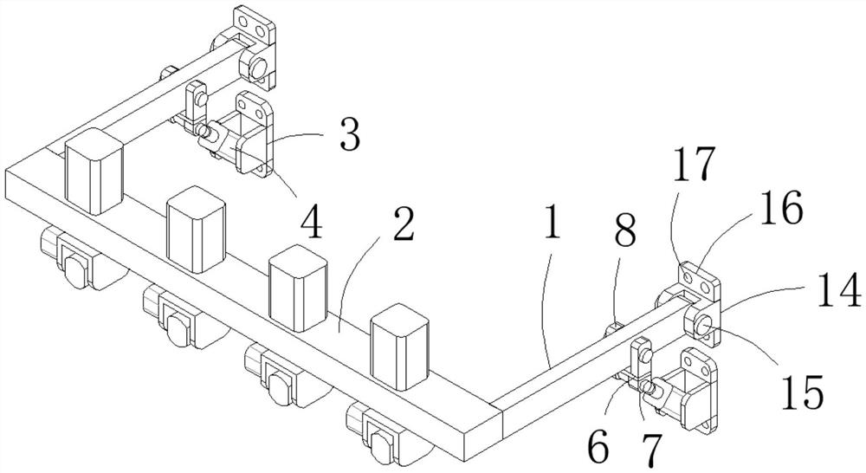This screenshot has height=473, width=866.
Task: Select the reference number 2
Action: [x=401, y=224]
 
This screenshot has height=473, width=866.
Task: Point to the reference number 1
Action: [x=552, y=224]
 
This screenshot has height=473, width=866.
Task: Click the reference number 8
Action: [x=625, y=231]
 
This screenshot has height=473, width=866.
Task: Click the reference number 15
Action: [x=801, y=392]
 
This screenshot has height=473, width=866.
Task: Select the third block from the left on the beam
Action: [x=299, y=288]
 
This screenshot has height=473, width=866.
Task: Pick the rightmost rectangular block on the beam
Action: [x=399, y=347]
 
